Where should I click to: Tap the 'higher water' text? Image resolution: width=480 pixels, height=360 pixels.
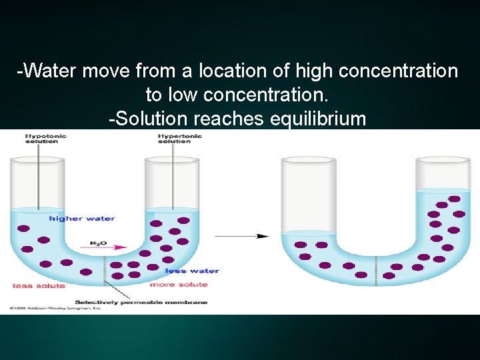coord(81,218)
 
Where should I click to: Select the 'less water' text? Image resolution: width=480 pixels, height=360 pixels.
coord(192,271)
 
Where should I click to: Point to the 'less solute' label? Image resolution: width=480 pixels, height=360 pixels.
coord(39,286)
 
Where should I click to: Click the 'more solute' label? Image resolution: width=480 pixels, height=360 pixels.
coord(178,285)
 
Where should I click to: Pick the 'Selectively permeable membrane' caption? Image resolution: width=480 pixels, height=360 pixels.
coord(141,302)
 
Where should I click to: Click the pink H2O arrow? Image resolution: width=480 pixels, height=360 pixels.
coord(107,247)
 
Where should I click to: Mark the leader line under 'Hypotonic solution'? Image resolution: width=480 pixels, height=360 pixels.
coord(39,177)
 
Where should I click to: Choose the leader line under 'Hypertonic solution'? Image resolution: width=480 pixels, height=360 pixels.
coord(173,177)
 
